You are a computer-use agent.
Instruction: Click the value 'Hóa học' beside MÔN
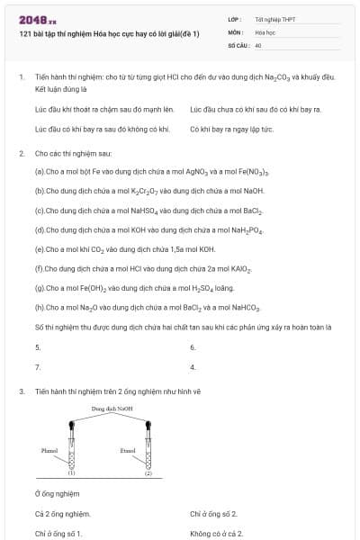coord(265,31)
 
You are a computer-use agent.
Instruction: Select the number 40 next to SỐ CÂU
coord(258,44)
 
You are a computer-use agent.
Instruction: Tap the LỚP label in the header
coord(235,19)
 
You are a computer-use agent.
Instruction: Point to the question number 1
coord(21,77)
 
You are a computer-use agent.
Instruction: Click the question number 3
coord(21,391)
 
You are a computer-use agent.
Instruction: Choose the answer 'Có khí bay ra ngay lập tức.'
coord(231,130)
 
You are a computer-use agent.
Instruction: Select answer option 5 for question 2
coord(38,347)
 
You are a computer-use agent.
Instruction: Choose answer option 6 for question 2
coord(193,347)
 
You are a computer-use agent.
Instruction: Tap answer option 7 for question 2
coord(38,367)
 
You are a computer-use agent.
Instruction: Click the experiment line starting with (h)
coord(148,308)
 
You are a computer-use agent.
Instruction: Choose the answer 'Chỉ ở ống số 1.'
coord(58,534)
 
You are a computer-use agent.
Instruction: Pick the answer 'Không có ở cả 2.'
coord(217,534)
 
